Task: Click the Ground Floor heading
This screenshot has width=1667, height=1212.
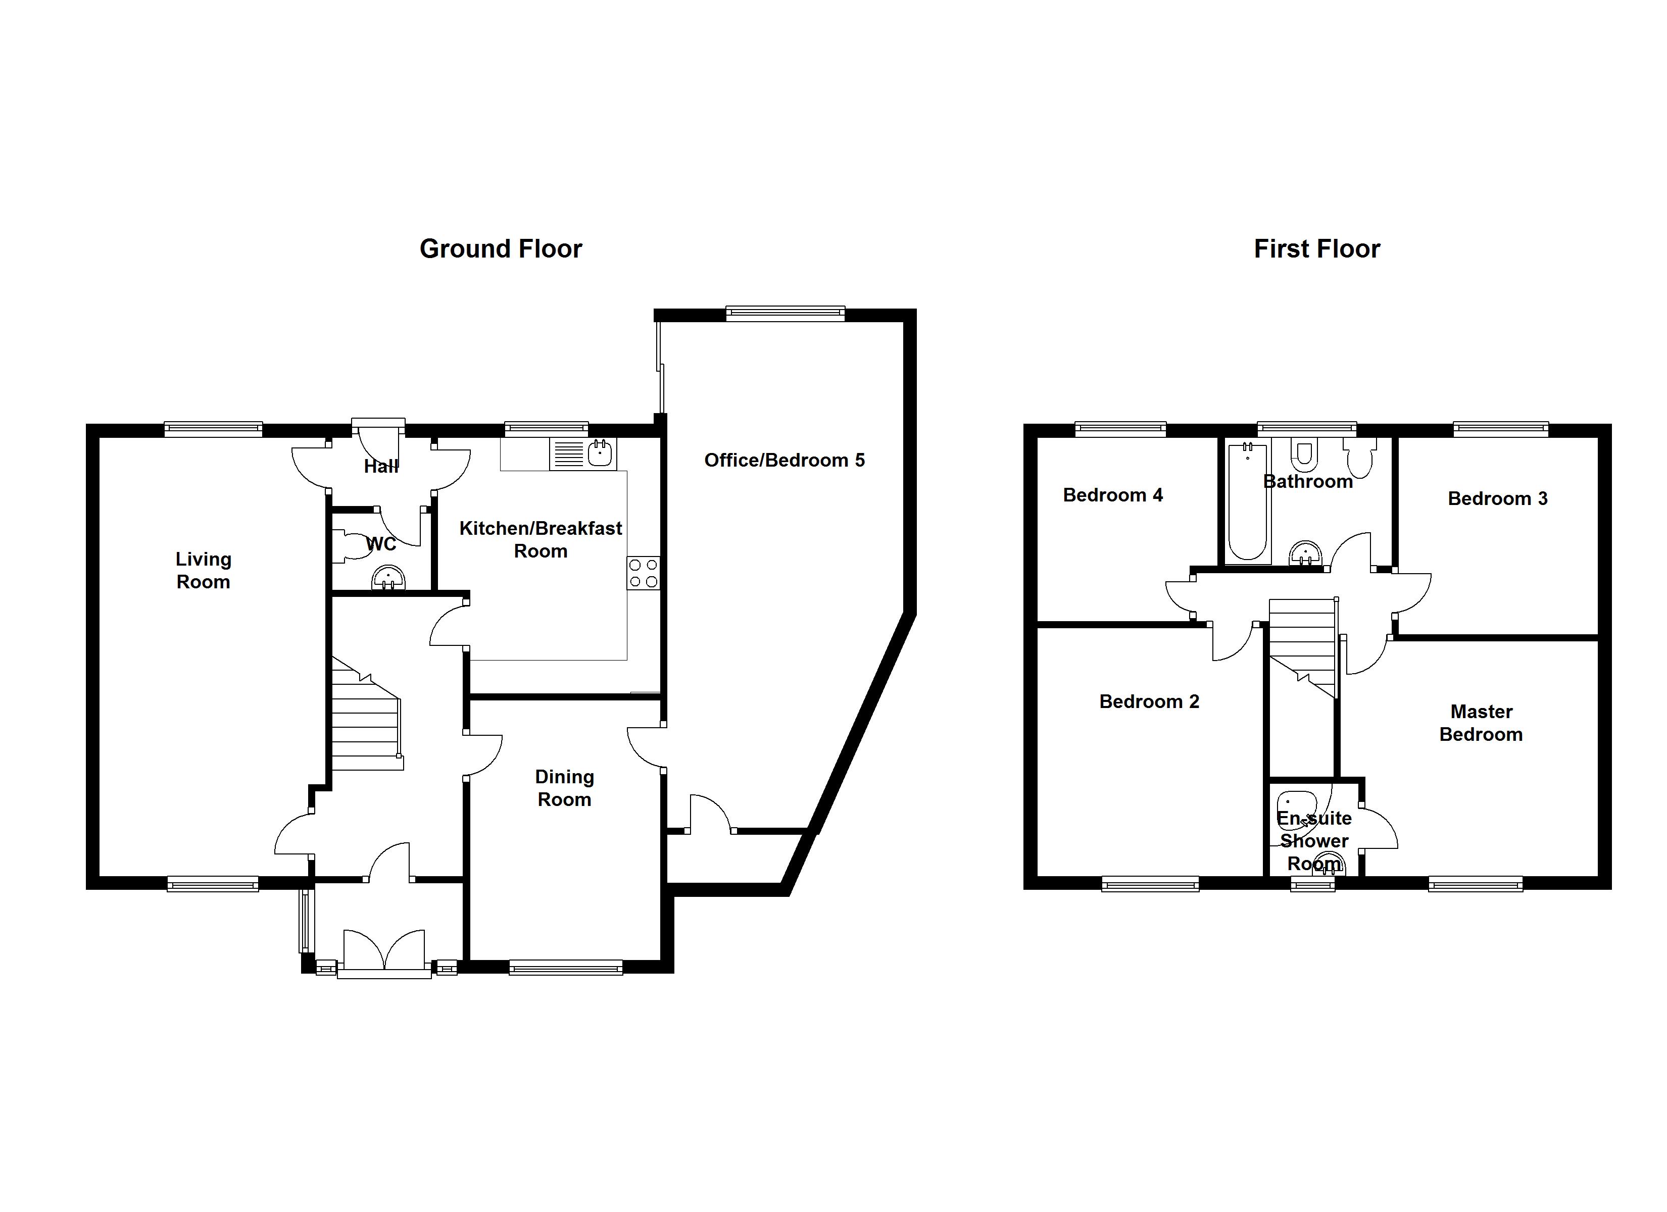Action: coord(501,249)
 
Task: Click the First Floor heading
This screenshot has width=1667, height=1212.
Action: coord(1316,249)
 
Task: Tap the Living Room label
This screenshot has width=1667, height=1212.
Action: coord(204,570)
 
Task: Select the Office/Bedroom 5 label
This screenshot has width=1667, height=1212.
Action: coord(785,460)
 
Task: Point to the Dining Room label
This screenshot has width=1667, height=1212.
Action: coord(564,788)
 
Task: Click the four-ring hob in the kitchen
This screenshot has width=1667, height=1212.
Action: coord(643,573)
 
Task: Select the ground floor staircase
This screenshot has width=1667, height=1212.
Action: coord(367,714)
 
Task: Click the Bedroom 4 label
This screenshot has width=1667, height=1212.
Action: coord(1113,495)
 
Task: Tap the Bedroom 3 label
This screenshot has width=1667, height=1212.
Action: coord(1497,498)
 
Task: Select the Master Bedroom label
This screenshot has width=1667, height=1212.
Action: coord(1481,723)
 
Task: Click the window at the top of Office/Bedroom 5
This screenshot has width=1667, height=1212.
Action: coord(785,314)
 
